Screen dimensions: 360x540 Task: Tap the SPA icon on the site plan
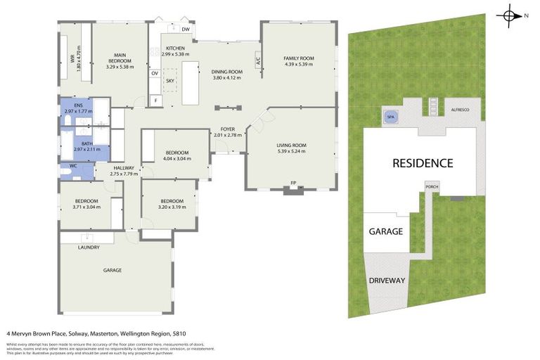tap(390, 117)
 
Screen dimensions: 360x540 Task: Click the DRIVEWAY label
tap(387, 281)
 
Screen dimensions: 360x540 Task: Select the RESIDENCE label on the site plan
tap(422, 163)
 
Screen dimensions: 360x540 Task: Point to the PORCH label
tap(431, 186)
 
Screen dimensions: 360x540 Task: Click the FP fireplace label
tap(292, 184)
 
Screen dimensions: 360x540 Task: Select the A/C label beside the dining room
tap(259, 60)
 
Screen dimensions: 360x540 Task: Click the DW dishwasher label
tap(185, 30)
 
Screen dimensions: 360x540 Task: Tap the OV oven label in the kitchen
tap(155, 73)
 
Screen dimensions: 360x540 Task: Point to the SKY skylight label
tap(169, 81)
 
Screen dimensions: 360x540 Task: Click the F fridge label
tap(155, 101)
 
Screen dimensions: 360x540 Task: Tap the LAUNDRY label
tap(89, 247)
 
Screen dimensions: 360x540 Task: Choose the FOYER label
tap(227, 129)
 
